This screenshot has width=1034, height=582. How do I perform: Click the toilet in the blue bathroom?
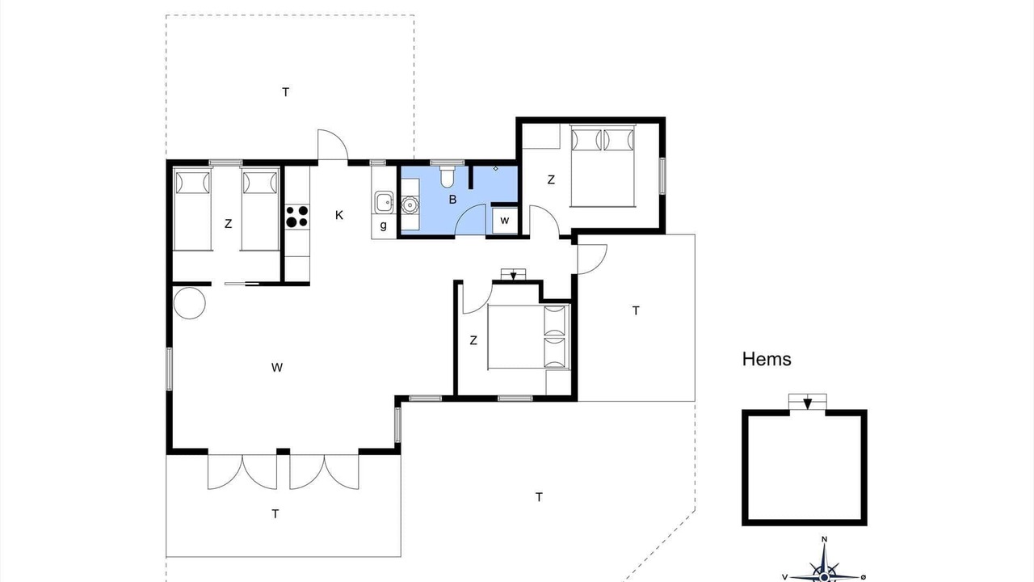[447, 176]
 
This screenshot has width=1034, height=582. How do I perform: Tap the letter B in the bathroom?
[453, 200]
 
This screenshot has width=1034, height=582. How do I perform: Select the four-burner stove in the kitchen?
[297, 216]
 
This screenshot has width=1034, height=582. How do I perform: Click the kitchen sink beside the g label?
[384, 202]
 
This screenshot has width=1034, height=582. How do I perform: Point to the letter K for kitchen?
[339, 215]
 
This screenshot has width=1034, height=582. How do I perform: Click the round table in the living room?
[189, 303]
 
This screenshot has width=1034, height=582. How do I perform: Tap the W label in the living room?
[277, 368]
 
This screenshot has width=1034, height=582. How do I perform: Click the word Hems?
[767, 359]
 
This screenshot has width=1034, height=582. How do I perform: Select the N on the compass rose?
[824, 539]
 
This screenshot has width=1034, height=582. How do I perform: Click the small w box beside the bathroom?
[505, 221]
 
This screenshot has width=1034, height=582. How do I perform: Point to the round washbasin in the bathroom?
[409, 205]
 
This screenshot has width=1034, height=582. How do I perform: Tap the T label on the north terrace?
[286, 92]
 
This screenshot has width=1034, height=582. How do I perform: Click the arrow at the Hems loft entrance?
[807, 403]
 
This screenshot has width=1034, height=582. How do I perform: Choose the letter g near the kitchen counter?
[383, 226]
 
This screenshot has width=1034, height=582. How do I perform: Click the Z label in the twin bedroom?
[228, 224]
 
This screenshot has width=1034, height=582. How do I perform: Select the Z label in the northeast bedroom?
[551, 180]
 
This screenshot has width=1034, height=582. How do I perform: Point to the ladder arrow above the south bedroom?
[513, 276]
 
